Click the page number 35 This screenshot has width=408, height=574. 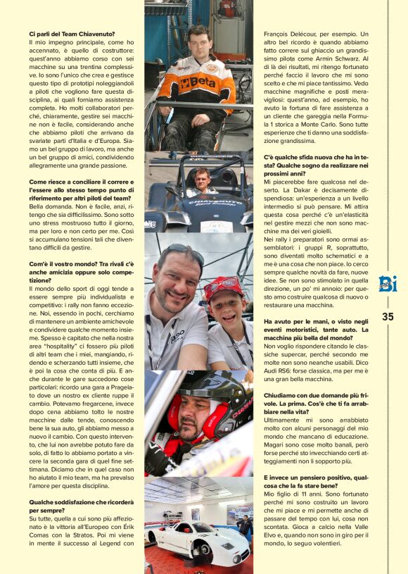[x=388, y=317]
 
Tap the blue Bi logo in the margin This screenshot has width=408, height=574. [x=388, y=285]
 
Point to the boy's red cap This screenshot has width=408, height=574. [x=223, y=287]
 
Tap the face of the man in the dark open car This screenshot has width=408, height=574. [x=202, y=176]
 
